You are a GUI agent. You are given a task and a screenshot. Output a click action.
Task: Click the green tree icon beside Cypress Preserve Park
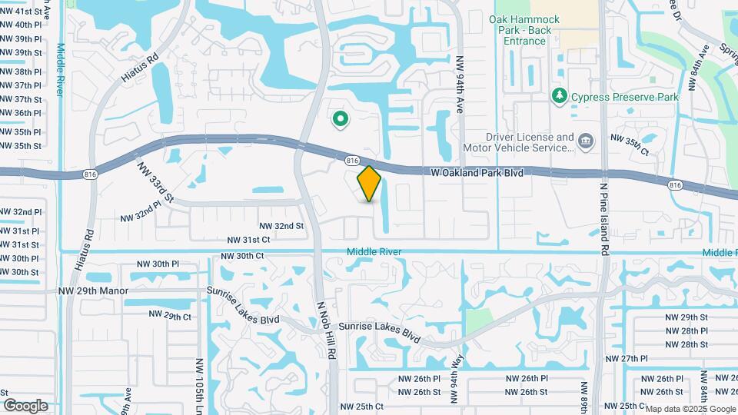click(560, 96)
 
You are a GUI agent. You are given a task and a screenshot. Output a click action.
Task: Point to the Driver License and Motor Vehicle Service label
click(518, 142)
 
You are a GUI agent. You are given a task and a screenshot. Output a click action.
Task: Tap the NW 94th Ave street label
click(461, 85)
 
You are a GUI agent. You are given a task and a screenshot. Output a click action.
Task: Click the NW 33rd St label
click(156, 182)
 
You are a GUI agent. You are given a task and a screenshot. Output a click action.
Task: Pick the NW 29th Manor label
click(91, 292)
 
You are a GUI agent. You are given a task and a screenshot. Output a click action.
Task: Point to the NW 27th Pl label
click(628, 359)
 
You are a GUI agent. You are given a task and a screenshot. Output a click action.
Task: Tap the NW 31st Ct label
click(244, 240)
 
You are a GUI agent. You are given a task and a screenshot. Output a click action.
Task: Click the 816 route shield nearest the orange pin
click(352, 160)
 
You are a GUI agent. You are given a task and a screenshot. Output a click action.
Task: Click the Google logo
click(25, 405)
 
